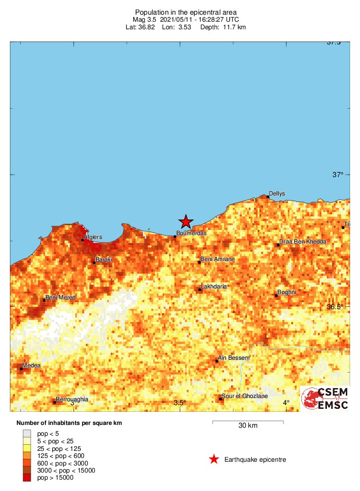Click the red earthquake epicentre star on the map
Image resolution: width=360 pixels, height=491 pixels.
(186, 221)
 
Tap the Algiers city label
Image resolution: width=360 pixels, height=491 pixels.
(93, 237)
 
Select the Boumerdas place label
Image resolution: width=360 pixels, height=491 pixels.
(191, 233)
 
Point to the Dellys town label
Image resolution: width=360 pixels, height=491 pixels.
(277, 194)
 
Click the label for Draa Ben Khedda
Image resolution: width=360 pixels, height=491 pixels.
(303, 242)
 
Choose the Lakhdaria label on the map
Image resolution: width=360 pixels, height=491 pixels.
(214, 287)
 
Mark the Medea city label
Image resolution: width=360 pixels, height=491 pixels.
(31, 365)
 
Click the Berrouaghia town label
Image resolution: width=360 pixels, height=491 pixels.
(72, 399)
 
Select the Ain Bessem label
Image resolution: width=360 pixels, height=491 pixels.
(233, 358)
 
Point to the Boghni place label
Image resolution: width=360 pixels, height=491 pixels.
(287, 292)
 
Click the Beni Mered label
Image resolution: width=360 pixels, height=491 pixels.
(60, 297)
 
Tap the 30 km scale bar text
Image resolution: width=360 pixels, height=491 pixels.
(248, 426)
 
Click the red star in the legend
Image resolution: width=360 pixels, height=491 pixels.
(214, 459)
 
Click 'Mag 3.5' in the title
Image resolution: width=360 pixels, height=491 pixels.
(146, 20)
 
